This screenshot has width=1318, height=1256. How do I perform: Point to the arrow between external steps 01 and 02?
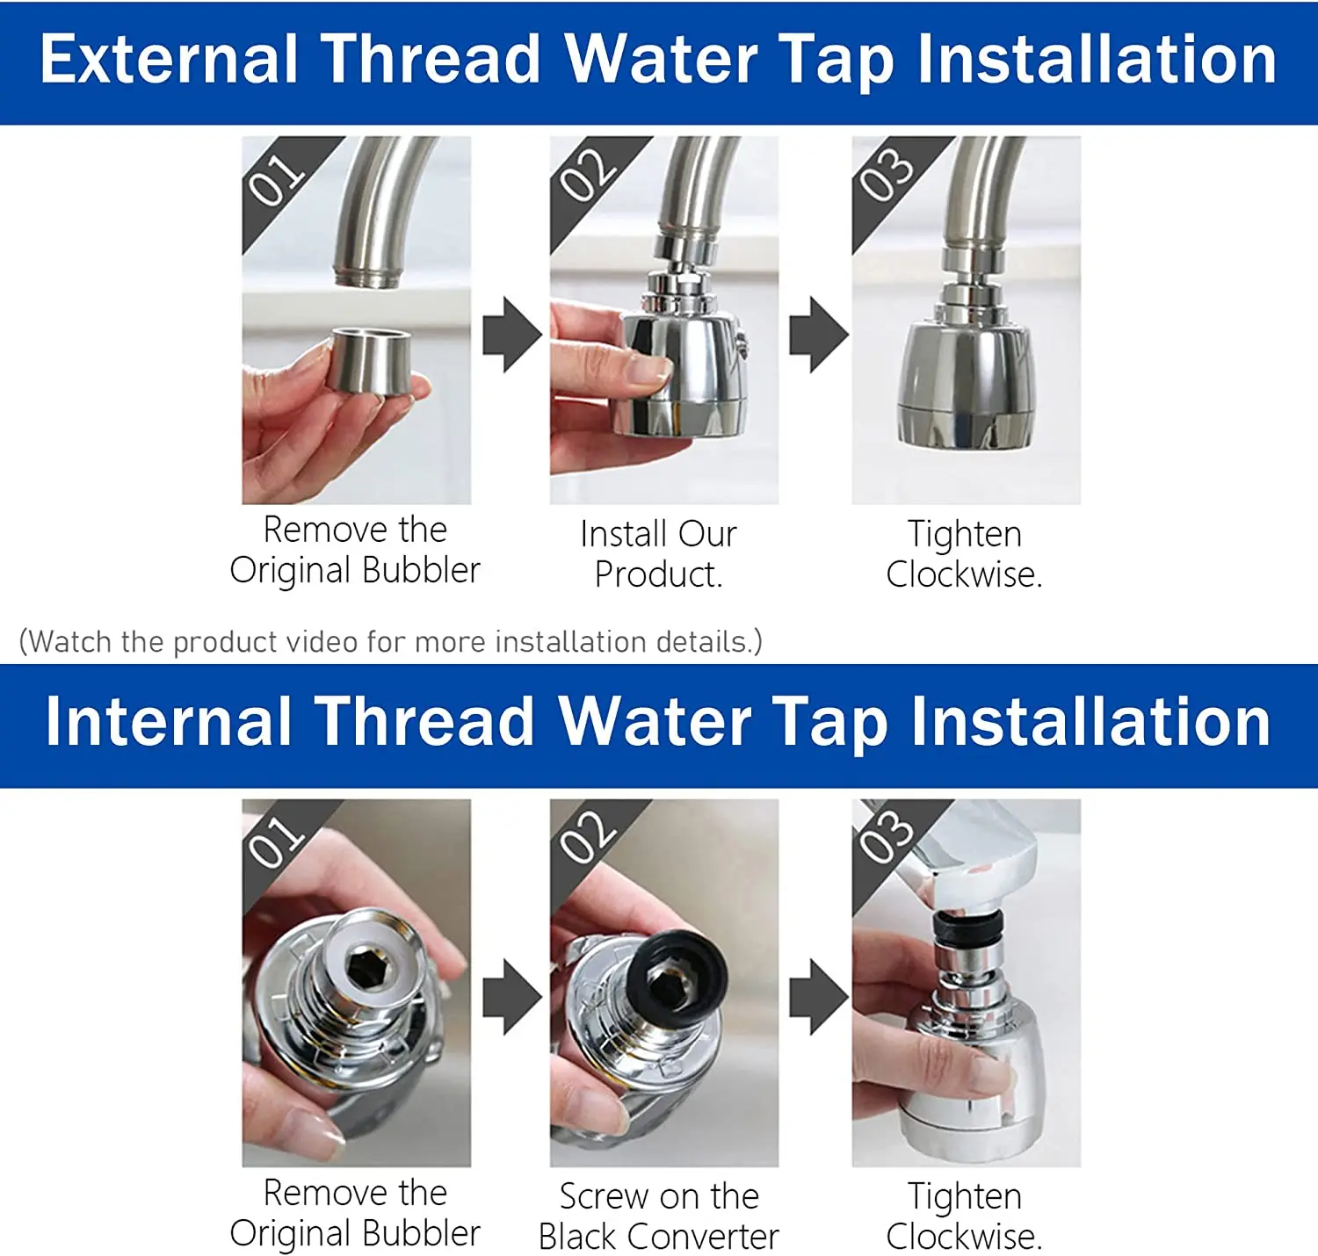[x=511, y=335]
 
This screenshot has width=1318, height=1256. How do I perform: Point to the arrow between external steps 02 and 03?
[x=818, y=335]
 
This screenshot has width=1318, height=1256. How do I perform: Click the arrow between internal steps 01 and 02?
[x=511, y=996]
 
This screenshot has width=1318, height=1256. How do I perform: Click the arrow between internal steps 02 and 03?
[x=818, y=996]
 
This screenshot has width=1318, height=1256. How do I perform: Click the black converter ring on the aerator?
[x=676, y=976]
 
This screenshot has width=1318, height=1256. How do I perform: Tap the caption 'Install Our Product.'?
[x=658, y=554]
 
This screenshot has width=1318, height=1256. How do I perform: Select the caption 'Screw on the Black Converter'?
[x=658, y=1216]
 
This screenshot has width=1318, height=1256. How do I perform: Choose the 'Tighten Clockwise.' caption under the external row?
[x=964, y=554]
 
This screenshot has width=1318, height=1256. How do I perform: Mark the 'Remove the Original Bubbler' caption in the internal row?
[x=355, y=1213]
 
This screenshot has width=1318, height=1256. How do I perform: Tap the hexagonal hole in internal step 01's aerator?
[x=361, y=968]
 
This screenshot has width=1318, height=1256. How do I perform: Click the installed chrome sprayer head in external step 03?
[x=964, y=386]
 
